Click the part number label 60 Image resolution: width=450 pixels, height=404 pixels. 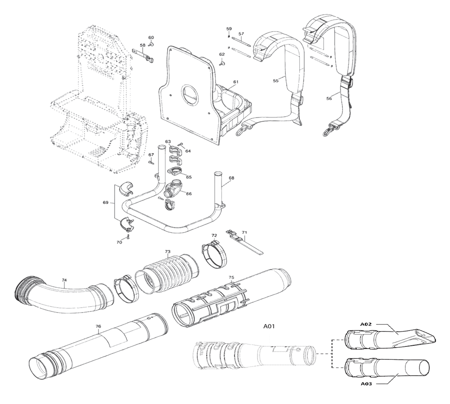[151, 37]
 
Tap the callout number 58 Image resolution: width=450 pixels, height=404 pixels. [143, 45]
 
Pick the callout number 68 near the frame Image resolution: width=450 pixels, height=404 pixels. [231, 178]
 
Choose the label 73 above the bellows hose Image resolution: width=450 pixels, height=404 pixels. [167, 251]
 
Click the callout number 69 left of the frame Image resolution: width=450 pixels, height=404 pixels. [105, 203]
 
